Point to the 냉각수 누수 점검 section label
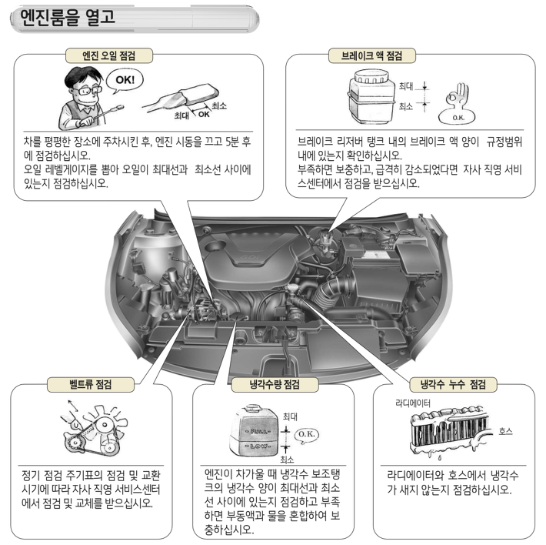point(447,383)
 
